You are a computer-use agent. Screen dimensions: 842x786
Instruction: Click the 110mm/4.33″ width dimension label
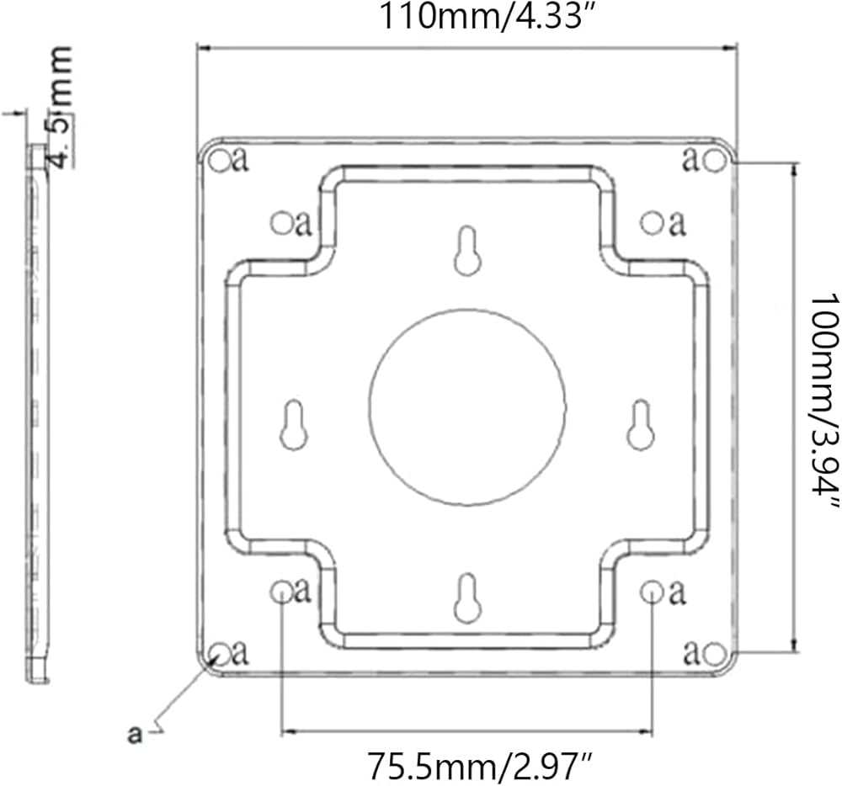[x=481, y=16]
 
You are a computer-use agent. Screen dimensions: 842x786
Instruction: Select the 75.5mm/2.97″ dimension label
[x=481, y=766]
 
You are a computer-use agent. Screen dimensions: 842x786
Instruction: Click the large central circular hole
[x=467, y=407]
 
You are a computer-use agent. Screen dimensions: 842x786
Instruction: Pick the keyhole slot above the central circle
[x=467, y=251]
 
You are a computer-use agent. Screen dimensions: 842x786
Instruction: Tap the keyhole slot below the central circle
[x=467, y=598]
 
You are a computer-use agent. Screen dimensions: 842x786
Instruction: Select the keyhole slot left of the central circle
[x=294, y=425]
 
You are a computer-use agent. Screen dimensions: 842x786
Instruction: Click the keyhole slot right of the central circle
[x=641, y=425]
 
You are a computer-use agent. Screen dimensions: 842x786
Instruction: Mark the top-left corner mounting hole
[x=219, y=161]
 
